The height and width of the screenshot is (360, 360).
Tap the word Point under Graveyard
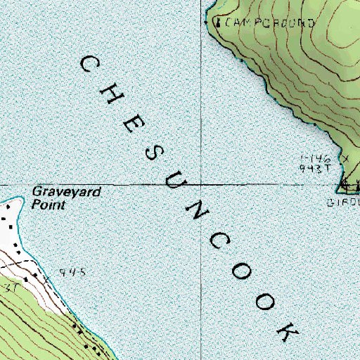[48, 205]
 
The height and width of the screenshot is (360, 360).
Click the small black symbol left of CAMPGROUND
[217, 22]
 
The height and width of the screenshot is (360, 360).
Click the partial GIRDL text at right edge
[344, 202]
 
